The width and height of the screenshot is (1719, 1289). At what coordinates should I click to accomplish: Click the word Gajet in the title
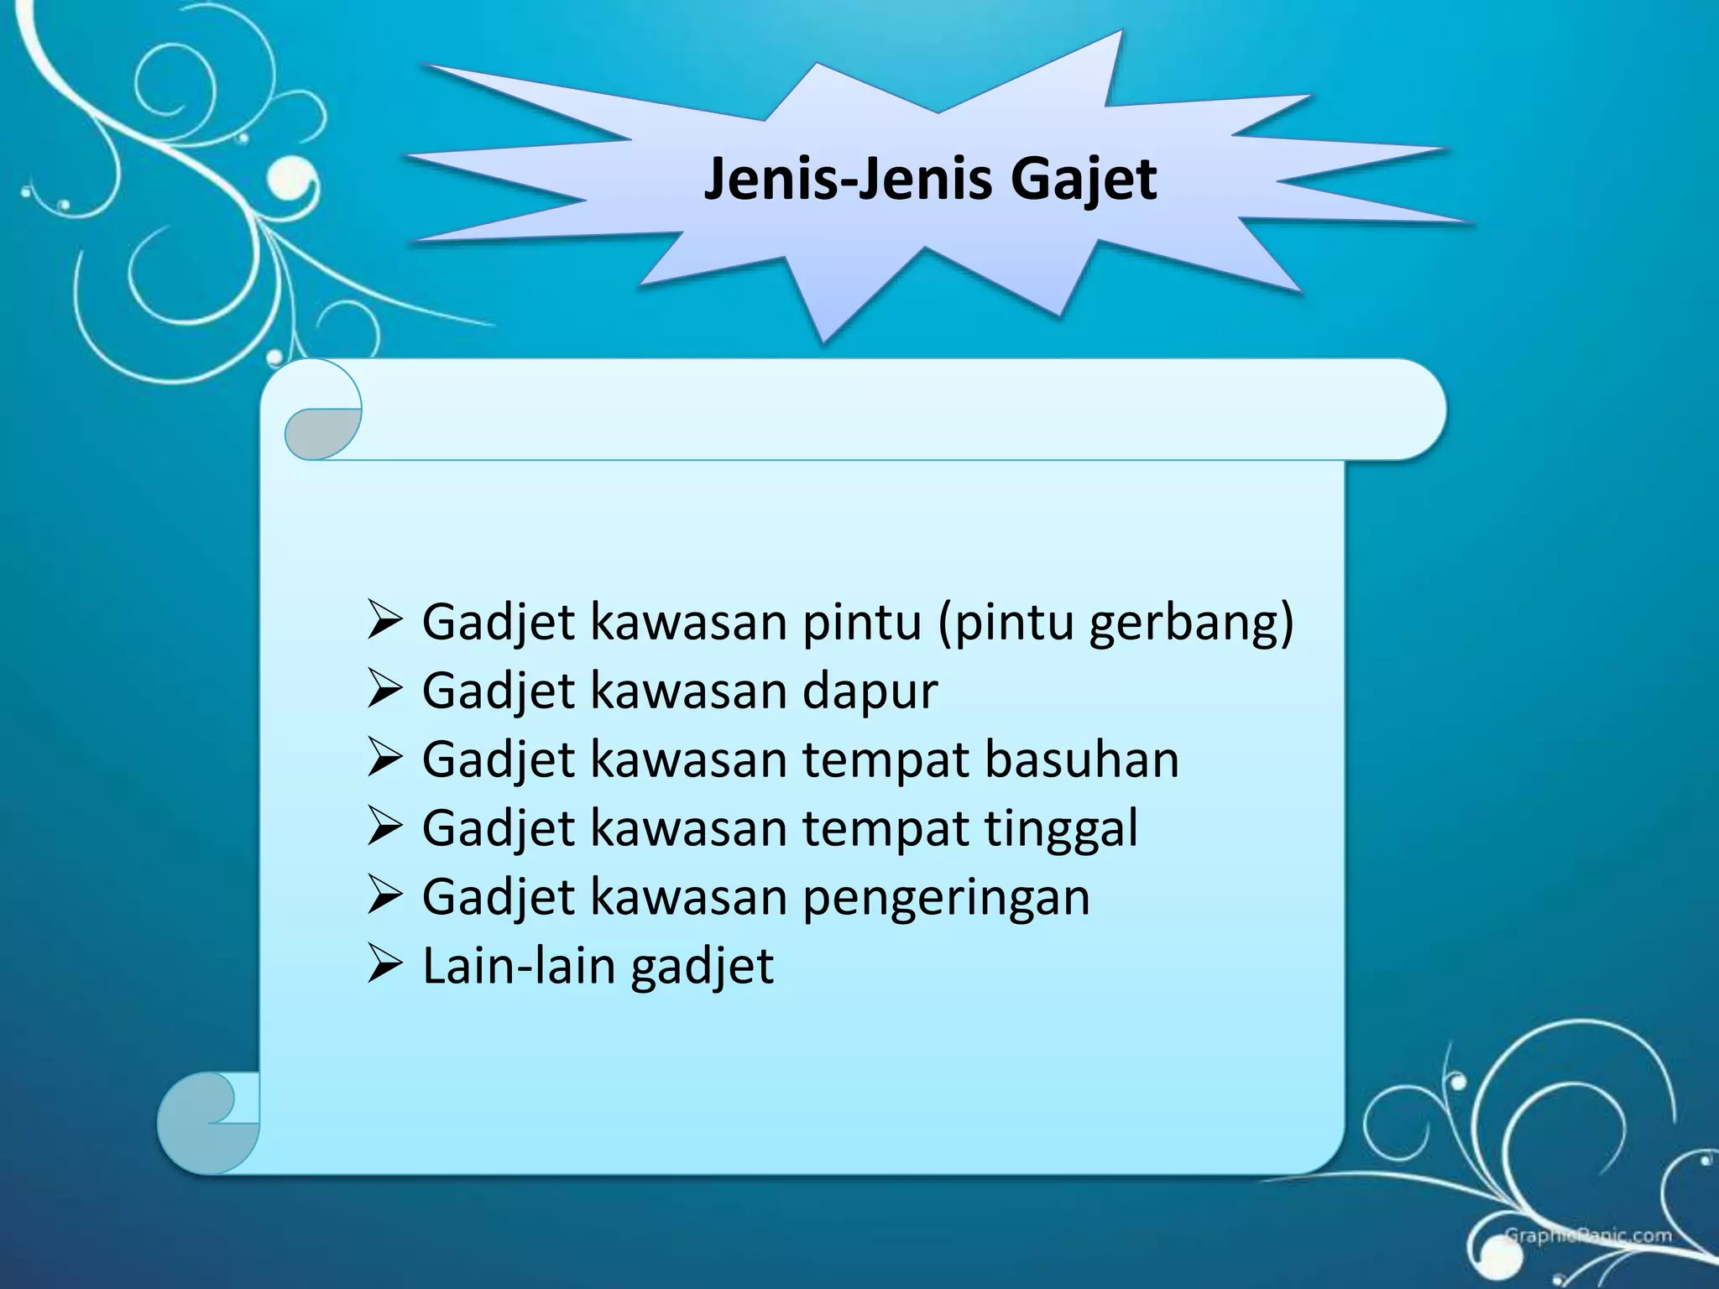(1083, 180)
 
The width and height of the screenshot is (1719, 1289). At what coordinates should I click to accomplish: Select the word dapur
(870, 692)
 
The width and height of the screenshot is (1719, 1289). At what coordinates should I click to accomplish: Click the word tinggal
(1061, 829)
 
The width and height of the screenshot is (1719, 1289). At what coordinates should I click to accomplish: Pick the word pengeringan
(946, 898)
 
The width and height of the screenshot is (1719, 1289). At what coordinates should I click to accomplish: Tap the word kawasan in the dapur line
(688, 692)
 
